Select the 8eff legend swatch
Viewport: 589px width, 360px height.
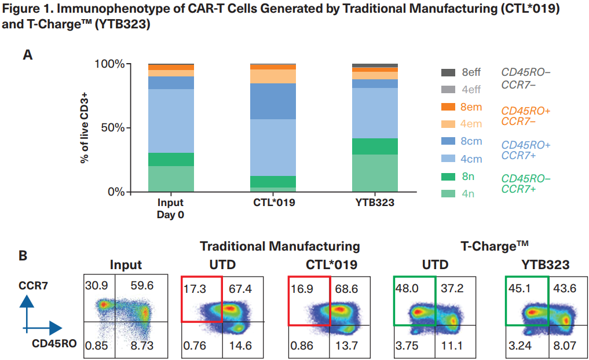coord(448,73)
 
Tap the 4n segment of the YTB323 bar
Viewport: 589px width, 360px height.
coord(375,172)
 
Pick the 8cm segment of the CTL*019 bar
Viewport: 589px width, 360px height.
coord(273,101)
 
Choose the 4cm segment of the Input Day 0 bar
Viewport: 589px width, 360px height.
coord(170,121)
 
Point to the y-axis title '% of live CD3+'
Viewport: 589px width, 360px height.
coord(85,127)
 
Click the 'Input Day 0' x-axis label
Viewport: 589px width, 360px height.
coord(170,208)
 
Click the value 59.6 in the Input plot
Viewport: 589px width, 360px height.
coord(142,286)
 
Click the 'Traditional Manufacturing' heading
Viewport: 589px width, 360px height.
coord(280,247)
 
